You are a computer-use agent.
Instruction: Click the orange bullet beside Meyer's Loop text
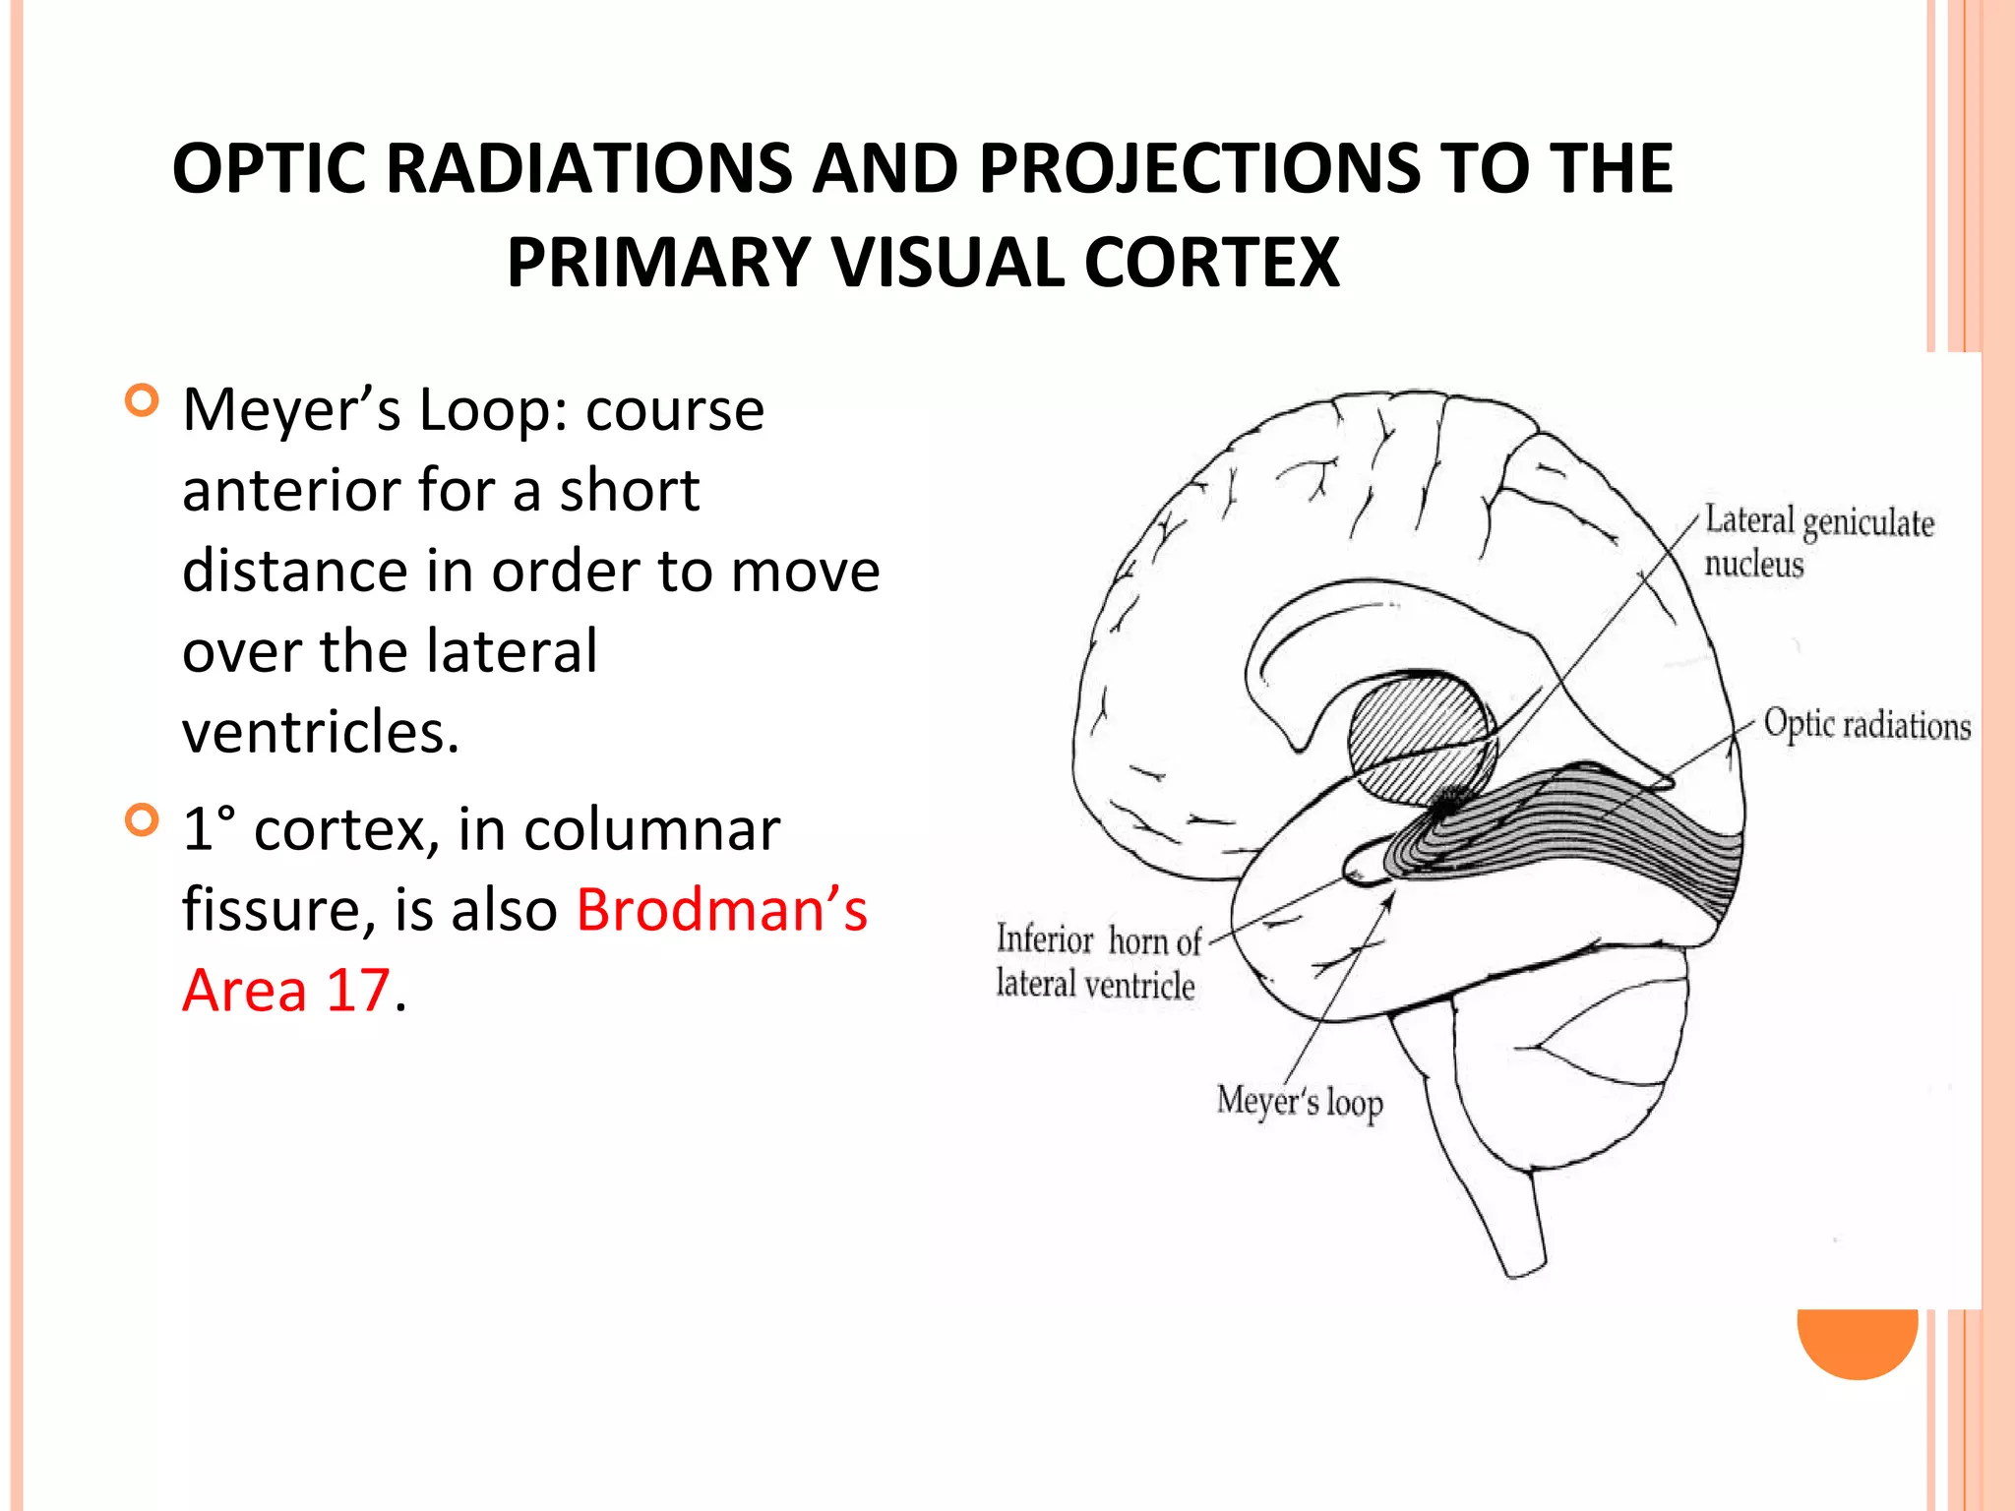pos(143,400)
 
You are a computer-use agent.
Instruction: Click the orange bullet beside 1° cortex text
pos(143,819)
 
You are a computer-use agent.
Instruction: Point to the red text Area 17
pos(287,990)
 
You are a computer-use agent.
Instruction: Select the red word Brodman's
pos(721,909)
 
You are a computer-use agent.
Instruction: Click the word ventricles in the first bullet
pos(321,733)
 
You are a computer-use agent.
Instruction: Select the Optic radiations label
pos(1866,725)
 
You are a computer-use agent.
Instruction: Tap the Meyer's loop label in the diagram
pos(1299,1102)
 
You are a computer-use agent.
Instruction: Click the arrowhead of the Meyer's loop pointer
pos(1390,896)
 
